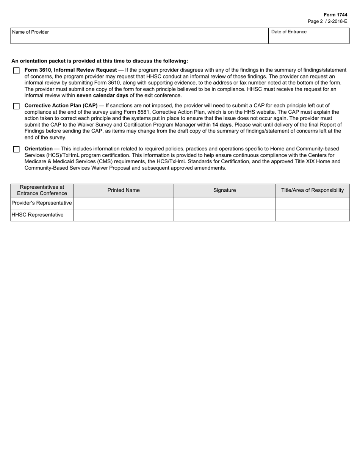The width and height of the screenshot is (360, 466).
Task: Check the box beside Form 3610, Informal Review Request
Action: (x=16, y=71)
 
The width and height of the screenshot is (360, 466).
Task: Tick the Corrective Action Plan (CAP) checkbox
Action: (x=16, y=106)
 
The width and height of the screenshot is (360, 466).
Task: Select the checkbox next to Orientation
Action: (x=16, y=150)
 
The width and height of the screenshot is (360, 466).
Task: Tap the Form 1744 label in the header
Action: (x=335, y=15)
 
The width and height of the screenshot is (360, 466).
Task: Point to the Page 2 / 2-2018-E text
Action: (x=327, y=22)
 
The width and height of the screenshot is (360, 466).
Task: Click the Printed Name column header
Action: (x=124, y=190)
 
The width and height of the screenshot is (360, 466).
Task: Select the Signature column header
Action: (x=224, y=190)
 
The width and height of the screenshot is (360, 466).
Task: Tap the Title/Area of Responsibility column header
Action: (x=312, y=190)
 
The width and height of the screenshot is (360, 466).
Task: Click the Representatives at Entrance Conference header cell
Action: (x=42, y=190)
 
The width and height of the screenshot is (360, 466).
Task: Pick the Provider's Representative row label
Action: (x=42, y=203)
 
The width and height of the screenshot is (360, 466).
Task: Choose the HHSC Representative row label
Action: (x=38, y=215)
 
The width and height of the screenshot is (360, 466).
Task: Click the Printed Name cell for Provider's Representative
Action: (x=124, y=203)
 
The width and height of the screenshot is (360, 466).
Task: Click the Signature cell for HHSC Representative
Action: (x=224, y=215)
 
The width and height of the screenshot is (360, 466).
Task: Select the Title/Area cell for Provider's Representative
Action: (x=312, y=203)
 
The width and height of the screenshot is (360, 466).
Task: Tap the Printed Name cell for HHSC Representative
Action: (x=124, y=215)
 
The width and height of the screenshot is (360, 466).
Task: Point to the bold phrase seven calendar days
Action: (x=102, y=95)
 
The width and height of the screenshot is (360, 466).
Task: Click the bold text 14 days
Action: (x=222, y=125)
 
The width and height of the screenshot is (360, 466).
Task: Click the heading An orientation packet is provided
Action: (x=100, y=61)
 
